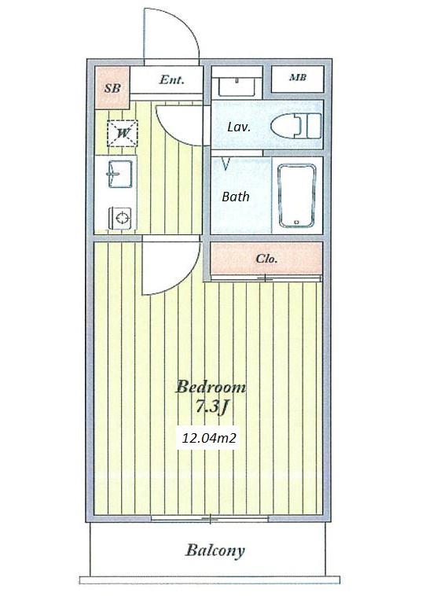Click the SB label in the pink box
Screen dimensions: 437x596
coord(112,88)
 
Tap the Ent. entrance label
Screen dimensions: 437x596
coord(172,79)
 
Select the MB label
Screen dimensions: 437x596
coord(298,78)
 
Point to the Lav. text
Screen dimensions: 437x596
coord(239,127)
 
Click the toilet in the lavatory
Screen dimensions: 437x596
coord(296,126)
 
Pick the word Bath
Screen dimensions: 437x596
coord(236,197)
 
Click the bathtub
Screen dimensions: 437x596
coord(297,196)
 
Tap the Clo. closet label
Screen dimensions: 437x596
coord(266,259)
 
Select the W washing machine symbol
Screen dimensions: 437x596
coord(123,134)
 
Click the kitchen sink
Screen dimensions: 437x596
coord(120,174)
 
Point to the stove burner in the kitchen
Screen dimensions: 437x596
coord(120,218)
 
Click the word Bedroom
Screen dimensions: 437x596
coord(211,388)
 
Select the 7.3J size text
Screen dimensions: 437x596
coord(211,407)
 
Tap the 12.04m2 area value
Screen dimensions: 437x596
coord(209,438)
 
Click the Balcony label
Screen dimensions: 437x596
coord(215,550)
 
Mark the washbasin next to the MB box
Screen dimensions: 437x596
coord(237,86)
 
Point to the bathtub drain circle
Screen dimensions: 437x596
coord(297,222)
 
